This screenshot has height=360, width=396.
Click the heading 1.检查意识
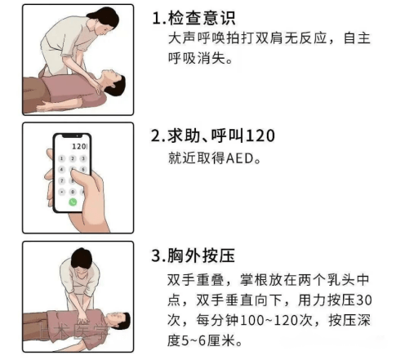click(x=194, y=18)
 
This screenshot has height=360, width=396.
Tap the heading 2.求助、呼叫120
click(x=213, y=136)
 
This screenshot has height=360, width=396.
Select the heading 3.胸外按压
click(x=193, y=256)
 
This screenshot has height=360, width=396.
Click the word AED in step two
click(x=240, y=158)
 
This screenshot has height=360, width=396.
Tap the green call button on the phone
click(x=73, y=202)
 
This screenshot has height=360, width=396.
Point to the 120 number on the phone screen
click(x=78, y=146)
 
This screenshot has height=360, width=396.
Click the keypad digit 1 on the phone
click(x=62, y=158)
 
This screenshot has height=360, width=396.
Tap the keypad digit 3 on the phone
click(x=83, y=158)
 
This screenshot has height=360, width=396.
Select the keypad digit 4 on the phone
click(x=62, y=170)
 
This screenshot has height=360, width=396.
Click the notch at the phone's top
click(x=72, y=136)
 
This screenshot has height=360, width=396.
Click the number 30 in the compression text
click(x=364, y=300)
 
